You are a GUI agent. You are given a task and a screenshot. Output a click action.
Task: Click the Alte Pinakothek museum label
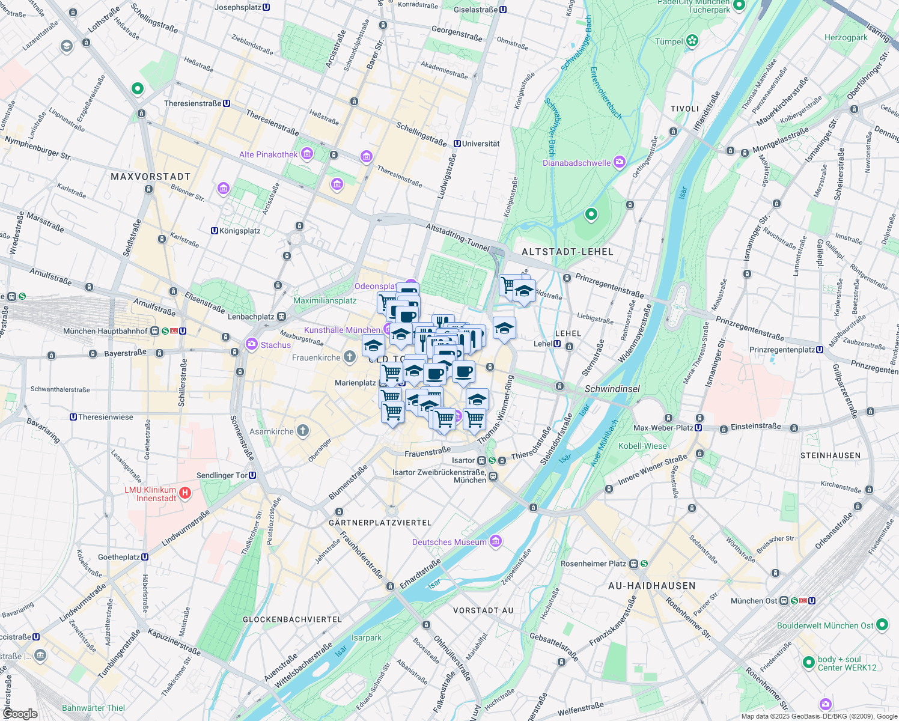tap(269, 154)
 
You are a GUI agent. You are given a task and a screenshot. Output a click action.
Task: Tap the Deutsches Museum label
tap(449, 542)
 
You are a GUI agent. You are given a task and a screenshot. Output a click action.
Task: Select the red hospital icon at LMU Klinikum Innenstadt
tap(186, 493)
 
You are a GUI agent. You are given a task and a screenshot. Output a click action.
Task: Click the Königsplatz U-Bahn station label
tap(240, 231)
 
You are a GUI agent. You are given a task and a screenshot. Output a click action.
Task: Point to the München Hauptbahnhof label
tap(105, 331)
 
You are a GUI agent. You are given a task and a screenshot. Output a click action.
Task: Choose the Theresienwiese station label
tap(105, 417)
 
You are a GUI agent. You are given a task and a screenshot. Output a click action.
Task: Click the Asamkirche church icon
tap(303, 430)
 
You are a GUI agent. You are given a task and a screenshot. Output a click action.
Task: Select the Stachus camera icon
tap(252, 344)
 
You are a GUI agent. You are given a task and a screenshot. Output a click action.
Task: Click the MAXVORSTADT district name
tap(151, 177)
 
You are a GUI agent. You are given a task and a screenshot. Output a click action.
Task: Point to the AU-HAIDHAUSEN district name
tap(652, 586)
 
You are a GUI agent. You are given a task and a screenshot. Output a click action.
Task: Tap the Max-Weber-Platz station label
tap(663, 428)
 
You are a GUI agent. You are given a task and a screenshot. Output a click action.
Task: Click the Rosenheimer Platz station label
tap(593, 564)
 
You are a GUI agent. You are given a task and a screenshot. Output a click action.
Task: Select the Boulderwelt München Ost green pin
tap(882, 625)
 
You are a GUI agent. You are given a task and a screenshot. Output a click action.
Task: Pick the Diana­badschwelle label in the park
tap(576, 163)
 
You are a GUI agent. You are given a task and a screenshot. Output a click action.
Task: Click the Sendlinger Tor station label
tap(222, 475)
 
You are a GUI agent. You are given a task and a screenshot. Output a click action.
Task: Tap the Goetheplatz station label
tap(119, 557)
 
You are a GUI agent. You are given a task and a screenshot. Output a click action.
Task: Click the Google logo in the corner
tap(20, 713)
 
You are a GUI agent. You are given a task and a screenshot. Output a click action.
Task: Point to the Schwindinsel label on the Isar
tap(612, 389)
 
